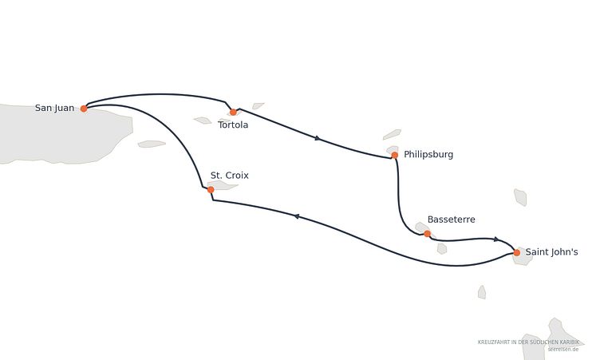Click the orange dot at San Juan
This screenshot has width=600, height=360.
84,109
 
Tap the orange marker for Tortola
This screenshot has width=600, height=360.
233,113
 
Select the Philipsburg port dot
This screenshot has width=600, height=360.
394,155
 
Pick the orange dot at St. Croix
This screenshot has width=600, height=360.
211,189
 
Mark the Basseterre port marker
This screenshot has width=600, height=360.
427,234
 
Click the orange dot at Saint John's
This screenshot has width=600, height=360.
516,253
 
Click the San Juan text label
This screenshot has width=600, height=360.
55,108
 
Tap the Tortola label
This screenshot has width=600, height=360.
233,125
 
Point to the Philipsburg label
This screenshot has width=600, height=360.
428,154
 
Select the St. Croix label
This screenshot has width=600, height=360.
230,176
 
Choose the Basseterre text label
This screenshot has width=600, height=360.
451,220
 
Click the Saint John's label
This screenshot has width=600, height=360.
552,252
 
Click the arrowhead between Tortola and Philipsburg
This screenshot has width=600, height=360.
318,138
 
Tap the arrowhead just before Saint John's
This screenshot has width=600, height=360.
496,239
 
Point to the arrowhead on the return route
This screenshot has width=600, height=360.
296,216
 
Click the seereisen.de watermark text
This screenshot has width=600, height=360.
562,350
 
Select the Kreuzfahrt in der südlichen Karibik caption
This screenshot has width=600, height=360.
528,342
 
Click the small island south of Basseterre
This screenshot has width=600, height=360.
442,249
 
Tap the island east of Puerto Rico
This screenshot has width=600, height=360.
152,144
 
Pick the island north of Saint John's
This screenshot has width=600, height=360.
520,197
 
